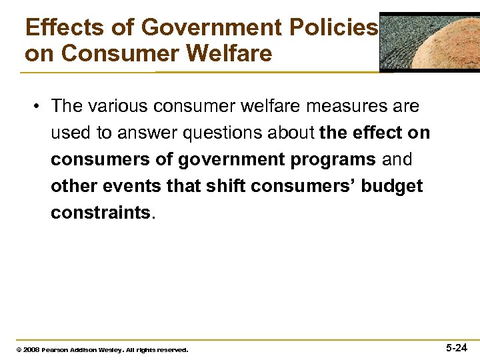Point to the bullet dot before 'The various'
pos(38,107)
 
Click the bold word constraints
pos(101,213)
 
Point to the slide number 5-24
pos(457,348)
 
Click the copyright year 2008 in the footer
pos(31,349)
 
